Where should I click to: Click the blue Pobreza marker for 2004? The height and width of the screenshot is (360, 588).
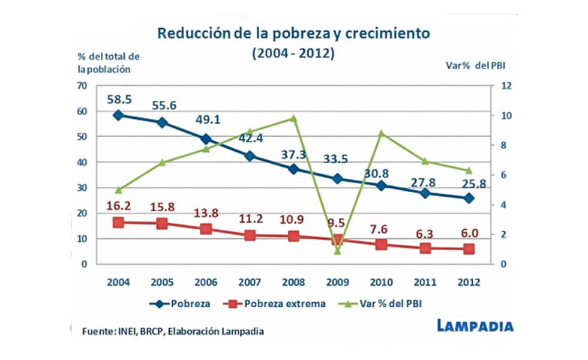point(118,115)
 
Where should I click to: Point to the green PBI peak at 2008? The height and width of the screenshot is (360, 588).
point(293,118)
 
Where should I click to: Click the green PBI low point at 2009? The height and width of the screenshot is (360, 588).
point(337,250)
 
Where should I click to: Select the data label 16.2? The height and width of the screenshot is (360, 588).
point(119,205)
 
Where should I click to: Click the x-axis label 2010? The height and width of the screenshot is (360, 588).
point(381,282)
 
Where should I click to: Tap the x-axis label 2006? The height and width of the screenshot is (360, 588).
point(206,282)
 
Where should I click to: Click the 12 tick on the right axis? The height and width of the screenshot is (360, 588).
point(505,86)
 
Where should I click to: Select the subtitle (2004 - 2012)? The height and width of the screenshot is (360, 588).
point(293,53)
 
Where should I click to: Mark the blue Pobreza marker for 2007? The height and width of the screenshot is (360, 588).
point(250,156)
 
